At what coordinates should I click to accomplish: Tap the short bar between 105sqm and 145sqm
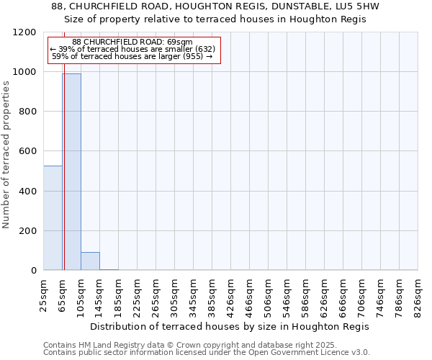(x=90, y=261)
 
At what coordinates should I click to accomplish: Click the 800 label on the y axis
(x=28, y=112)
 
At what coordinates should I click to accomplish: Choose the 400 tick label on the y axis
(x=28, y=192)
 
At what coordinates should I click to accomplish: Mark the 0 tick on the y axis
(x=34, y=271)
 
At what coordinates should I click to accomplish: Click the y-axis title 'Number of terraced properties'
(x=7, y=155)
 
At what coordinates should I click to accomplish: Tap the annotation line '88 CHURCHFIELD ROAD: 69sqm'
(x=132, y=42)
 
